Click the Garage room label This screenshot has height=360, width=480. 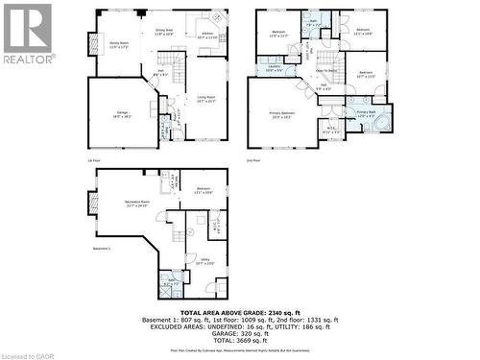(123, 113)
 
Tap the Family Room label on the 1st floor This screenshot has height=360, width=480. (119, 44)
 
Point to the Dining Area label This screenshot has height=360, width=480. (164, 31)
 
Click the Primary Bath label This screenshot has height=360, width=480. (367, 113)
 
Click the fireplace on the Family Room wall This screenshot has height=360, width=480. (93, 44)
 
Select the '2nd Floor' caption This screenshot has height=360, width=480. (253, 160)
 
